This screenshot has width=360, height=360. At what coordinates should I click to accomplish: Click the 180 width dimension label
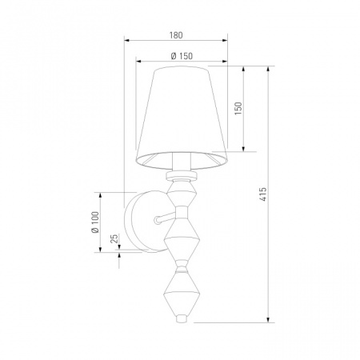coord(176,35)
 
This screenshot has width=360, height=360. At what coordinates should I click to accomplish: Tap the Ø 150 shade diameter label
coord(182,56)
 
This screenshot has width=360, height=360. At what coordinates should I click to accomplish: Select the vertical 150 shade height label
coord(238,109)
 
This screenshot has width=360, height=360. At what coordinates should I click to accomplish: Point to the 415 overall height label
coord(263,194)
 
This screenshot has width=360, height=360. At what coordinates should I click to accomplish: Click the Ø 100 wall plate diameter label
coord(95,222)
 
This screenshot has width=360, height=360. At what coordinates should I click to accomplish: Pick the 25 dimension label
coord(114,238)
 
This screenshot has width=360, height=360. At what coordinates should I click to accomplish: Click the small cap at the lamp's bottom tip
coord(182,318)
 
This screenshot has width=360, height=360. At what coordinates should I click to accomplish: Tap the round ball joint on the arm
coord(157,220)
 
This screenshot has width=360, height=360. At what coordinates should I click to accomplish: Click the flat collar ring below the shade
coord(182,175)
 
